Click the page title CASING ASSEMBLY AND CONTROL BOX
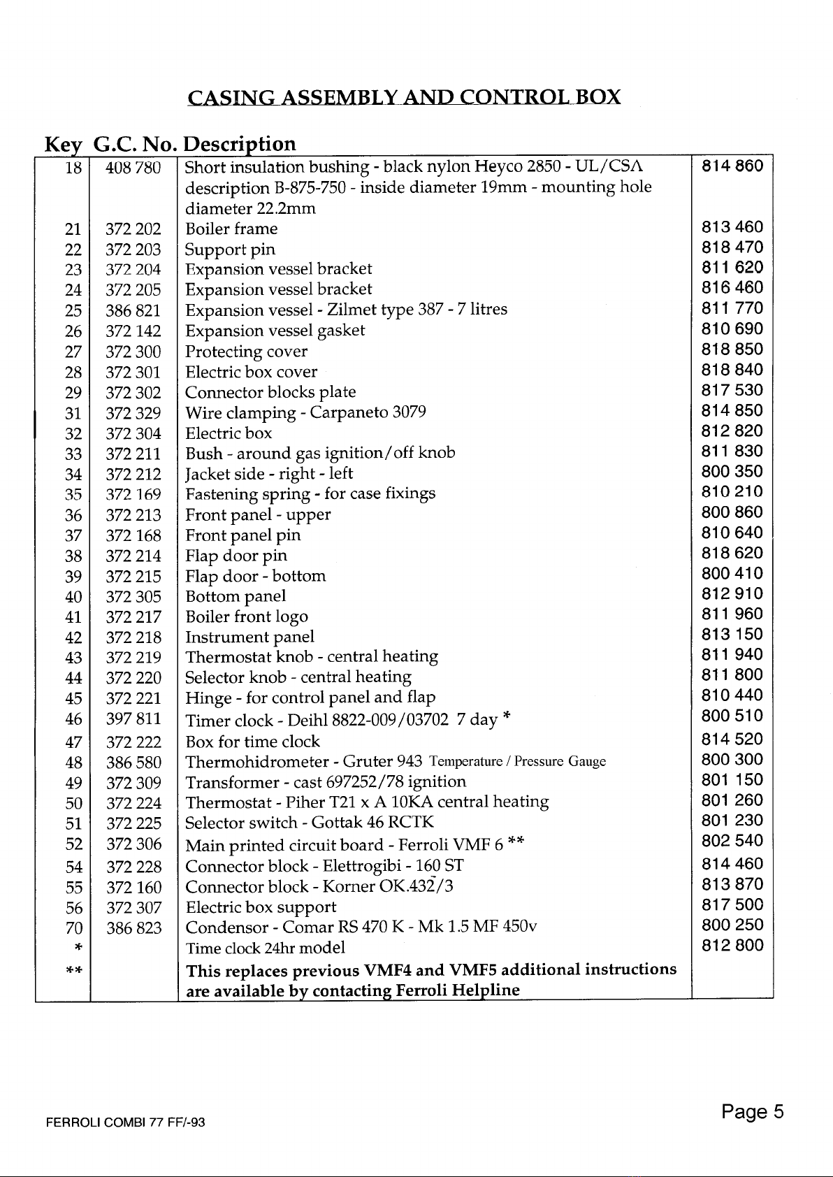405,96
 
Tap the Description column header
240,144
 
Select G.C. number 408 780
133,168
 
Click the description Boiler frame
231,229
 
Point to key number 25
73,310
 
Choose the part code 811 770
732,308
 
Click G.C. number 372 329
133,413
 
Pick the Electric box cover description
251,372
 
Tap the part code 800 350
732,471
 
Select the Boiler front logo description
246,616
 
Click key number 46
73,719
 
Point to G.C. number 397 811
133,719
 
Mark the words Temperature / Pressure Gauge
518,762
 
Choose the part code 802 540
732,841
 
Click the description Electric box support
260,908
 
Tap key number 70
73,929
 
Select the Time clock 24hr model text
265,949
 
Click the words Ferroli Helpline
457,990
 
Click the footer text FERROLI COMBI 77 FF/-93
125,1124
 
